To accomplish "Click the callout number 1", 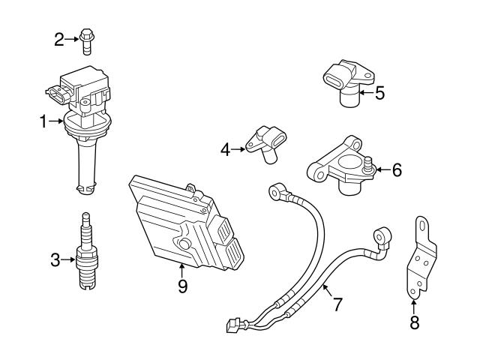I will click(44, 120).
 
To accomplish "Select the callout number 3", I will click(55, 260).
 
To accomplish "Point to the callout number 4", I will click(226, 149).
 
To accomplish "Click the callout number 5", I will click(379, 93).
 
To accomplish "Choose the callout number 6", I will click(396, 170).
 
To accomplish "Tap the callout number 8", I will click(413, 323).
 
